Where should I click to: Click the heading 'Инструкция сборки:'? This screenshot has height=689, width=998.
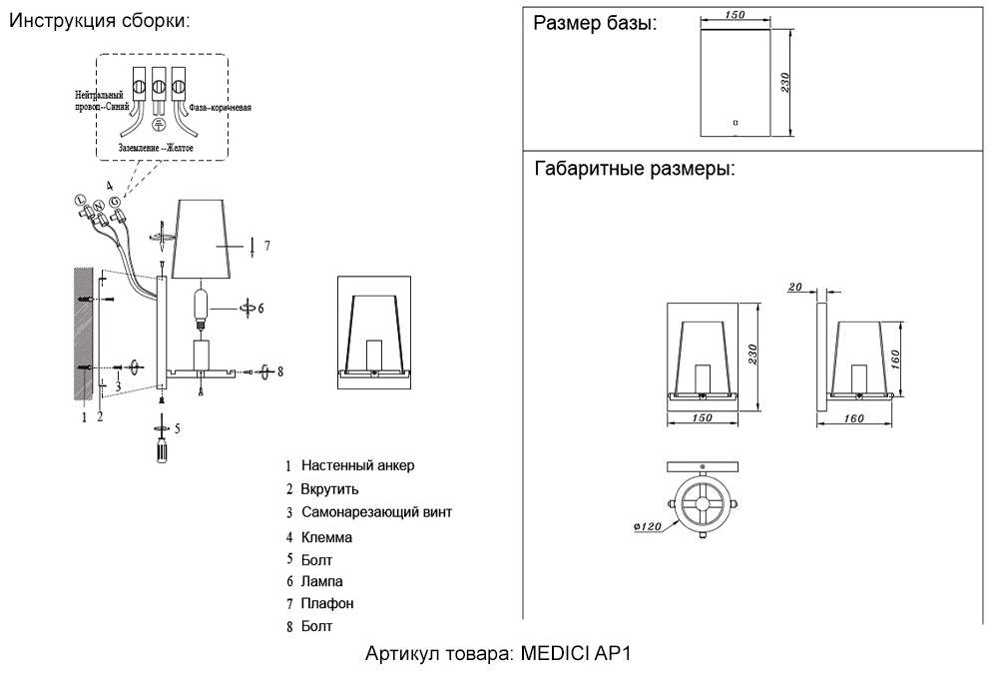pyautogui.click(x=98, y=21)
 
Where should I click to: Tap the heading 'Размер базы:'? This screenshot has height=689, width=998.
pyautogui.click(x=595, y=24)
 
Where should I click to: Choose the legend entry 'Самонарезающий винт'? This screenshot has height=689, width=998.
pyautogui.click(x=376, y=512)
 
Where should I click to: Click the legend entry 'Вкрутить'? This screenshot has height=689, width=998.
pyautogui.click(x=329, y=489)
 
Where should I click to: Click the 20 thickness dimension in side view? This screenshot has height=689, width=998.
pyautogui.click(x=795, y=287)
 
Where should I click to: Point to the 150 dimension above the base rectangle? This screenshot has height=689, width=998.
pyautogui.click(x=737, y=14)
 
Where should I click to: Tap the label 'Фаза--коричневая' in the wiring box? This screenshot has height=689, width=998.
pyautogui.click(x=219, y=106)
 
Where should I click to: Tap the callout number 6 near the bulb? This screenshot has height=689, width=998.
pyautogui.click(x=260, y=309)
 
